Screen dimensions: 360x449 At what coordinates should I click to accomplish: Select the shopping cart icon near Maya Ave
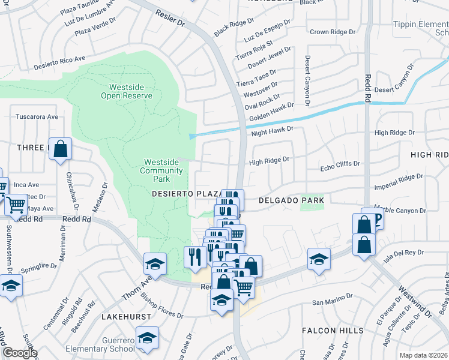(16, 205)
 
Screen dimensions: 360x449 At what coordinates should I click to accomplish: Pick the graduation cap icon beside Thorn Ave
(154, 265)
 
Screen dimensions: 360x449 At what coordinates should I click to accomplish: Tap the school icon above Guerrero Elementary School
(148, 338)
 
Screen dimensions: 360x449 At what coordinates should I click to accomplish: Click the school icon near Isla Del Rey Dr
(319, 260)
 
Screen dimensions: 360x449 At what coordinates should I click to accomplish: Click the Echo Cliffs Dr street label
(340, 163)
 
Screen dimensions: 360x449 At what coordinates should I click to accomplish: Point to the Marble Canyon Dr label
(399, 211)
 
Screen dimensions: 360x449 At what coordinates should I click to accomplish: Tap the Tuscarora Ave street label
(37, 116)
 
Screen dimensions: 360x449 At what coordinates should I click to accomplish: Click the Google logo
(19, 353)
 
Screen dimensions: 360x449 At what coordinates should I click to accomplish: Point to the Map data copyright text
(423, 355)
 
